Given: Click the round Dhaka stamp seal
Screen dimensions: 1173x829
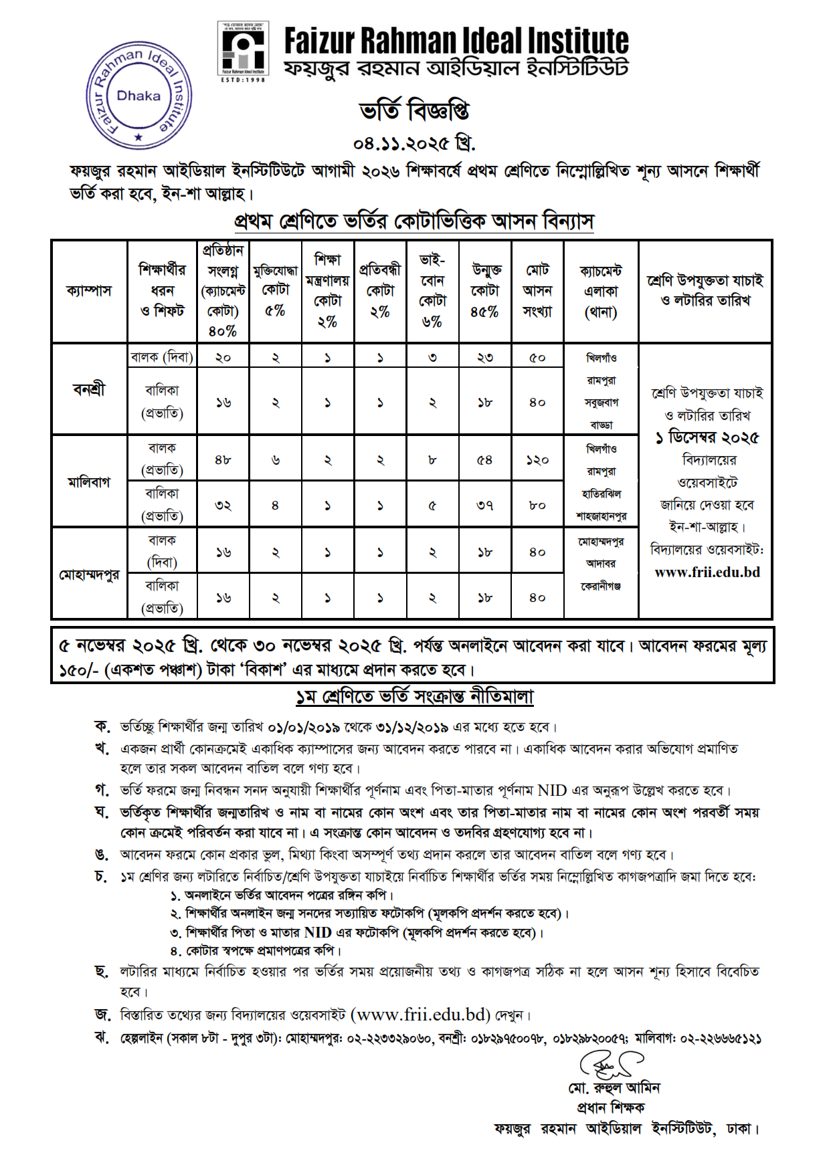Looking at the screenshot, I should click(139, 96).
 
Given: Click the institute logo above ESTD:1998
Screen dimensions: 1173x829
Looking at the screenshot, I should click(243, 49).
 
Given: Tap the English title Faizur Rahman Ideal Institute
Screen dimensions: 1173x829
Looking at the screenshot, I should click(456, 41).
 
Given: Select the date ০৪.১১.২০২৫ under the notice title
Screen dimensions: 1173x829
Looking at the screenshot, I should click(414, 143).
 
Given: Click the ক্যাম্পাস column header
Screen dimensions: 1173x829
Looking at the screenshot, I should click(89, 291).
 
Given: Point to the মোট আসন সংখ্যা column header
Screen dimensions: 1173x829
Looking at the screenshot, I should click(537, 291).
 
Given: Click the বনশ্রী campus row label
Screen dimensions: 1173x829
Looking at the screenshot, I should click(89, 389).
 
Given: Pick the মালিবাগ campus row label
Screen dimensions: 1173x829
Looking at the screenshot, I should click(89, 482).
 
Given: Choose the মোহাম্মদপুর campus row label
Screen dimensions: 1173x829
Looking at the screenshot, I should click(89, 574).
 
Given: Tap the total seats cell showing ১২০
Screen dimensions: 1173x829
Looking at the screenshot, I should click(537, 460).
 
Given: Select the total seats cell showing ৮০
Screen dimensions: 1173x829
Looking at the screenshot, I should click(537, 506).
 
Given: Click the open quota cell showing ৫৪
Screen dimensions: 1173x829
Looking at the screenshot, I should click(484, 460).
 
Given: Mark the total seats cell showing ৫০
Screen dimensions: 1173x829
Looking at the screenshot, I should click(537, 358).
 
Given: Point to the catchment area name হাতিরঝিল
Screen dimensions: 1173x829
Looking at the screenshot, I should click(602, 494).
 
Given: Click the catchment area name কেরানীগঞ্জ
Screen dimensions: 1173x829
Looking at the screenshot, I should click(601, 586).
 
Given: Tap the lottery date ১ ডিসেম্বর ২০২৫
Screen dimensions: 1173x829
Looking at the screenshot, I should click(707, 438).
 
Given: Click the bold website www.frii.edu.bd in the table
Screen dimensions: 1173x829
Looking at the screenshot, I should click(707, 572).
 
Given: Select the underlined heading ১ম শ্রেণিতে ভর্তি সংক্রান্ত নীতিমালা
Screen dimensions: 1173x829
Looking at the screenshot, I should click(414, 697).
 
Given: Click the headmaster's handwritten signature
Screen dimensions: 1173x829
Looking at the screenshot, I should click(610, 1064).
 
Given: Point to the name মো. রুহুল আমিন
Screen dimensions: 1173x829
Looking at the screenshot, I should click(614, 1088).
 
